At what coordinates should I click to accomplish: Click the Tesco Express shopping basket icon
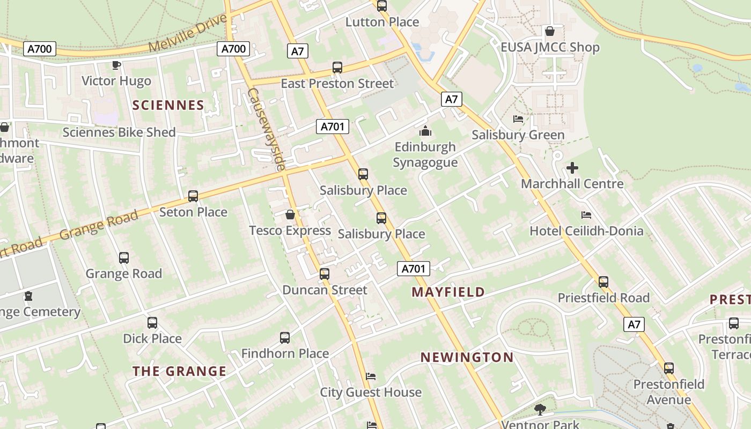click(x=290, y=215)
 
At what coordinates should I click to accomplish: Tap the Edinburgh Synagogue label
click(x=425, y=154)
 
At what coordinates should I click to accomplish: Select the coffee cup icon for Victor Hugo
click(x=116, y=65)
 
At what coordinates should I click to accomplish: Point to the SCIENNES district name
click(x=168, y=105)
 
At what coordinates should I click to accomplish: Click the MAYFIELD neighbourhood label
click(x=448, y=292)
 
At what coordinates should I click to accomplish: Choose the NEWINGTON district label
click(x=467, y=357)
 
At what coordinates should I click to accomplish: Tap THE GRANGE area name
click(x=179, y=371)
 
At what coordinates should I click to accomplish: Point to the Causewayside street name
click(x=265, y=129)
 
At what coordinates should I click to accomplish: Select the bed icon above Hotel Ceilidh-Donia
click(x=586, y=215)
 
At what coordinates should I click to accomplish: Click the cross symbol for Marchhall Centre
click(x=572, y=168)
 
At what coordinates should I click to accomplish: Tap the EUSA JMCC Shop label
click(x=550, y=47)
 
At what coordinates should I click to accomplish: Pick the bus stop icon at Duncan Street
click(x=325, y=274)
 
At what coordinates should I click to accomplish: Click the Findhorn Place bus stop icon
click(x=285, y=338)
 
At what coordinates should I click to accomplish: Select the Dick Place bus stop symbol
click(x=152, y=323)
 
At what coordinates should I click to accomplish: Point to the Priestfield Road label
click(x=603, y=298)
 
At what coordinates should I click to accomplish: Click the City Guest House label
click(x=371, y=392)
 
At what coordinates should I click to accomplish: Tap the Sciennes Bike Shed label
click(x=119, y=132)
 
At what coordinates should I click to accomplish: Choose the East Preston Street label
click(x=337, y=84)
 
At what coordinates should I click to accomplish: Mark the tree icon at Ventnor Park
click(x=540, y=410)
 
